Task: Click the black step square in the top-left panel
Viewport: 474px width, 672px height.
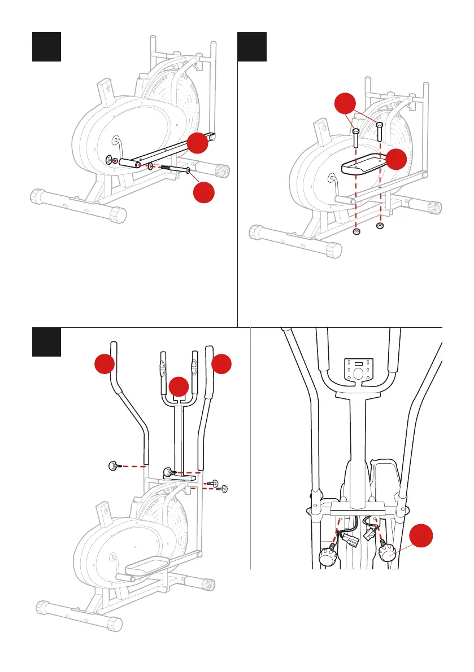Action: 46,47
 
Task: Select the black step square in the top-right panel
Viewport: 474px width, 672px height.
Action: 252,47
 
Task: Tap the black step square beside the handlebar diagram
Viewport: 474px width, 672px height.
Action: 46,342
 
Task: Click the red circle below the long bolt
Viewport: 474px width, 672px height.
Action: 205,193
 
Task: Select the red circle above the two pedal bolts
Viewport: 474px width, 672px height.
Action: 344,106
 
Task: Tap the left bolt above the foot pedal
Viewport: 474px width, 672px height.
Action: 356,138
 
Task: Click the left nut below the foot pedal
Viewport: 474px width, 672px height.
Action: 356,231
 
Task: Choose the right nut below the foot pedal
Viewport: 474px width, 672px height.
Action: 380,226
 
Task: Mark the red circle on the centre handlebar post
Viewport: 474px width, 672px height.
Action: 179,387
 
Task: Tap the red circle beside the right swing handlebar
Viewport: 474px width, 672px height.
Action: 223,363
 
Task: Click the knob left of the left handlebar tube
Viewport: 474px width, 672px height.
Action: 114,466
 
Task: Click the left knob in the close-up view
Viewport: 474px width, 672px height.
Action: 329,556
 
